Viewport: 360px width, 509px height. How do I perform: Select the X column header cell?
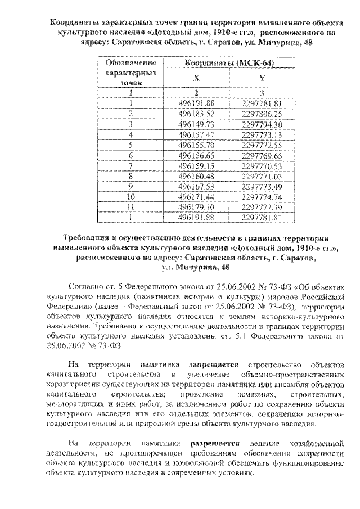(196, 79)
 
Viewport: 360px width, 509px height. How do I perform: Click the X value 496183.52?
(196, 114)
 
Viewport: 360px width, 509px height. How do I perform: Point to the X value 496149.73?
(196, 124)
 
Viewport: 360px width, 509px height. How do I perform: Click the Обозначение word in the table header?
(130, 64)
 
